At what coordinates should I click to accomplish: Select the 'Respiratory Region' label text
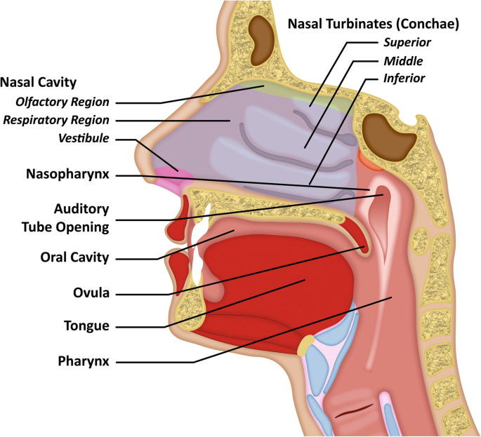[56, 120]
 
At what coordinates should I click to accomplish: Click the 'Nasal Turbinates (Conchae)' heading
[374, 25]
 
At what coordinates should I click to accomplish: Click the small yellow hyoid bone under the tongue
[305, 345]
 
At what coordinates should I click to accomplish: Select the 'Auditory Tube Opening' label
[81, 217]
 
